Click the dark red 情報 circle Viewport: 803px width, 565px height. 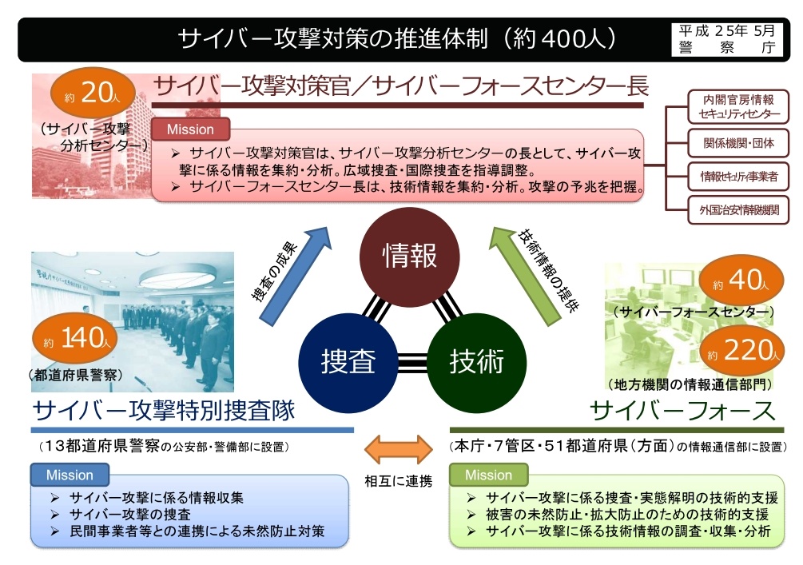409,256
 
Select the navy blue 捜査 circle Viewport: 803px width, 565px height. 348,362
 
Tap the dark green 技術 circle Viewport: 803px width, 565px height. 476,362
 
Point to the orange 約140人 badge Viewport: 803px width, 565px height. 75,339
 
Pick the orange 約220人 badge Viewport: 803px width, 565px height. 742,350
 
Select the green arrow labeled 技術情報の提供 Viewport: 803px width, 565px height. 526,276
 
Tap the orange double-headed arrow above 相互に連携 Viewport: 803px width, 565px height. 399,449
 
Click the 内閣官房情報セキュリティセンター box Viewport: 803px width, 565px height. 738,106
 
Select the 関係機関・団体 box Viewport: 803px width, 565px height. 738,143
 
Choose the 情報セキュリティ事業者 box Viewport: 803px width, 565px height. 738,176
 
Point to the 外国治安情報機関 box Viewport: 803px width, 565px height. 738,209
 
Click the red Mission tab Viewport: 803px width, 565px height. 190,129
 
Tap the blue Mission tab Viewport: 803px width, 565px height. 70,475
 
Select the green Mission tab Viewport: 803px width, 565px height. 488,475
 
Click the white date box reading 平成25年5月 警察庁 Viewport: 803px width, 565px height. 727,39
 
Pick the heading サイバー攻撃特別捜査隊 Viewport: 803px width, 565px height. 164,410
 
